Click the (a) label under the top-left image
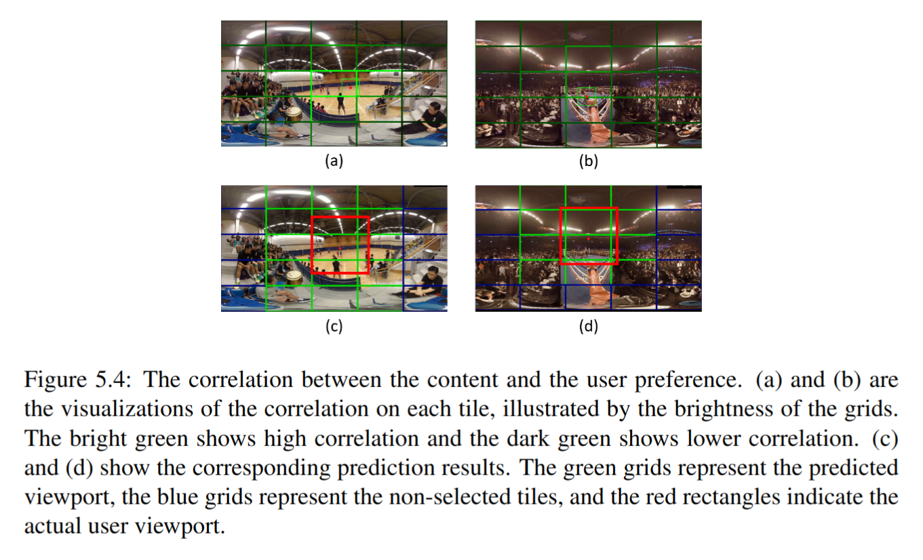333,161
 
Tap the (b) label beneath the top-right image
587,161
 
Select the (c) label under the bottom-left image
333,326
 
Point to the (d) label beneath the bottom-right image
587,326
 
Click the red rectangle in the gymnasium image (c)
340,218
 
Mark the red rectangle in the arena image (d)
589,209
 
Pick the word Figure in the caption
54,380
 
